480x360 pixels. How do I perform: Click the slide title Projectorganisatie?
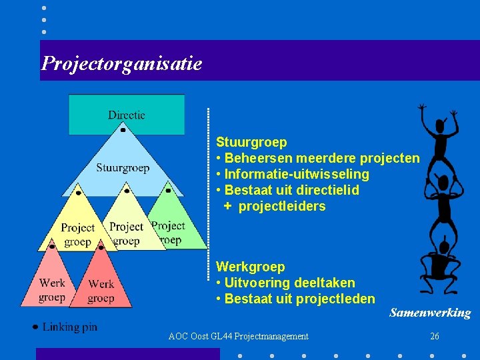[121, 63]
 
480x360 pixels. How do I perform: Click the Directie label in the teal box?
[127, 115]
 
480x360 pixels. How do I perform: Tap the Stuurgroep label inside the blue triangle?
[123, 167]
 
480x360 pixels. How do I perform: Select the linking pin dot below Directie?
[123, 131]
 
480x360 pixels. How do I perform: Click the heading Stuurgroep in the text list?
[251, 142]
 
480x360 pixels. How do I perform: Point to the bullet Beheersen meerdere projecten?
[318, 158]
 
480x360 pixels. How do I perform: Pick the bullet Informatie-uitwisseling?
[293, 174]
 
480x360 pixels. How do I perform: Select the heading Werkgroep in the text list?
[250, 267]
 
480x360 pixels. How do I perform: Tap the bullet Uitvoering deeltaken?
[285, 283]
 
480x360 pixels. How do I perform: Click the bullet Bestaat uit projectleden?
[295, 299]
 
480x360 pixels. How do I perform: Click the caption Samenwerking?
[430, 313]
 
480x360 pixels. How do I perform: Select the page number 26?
[435, 337]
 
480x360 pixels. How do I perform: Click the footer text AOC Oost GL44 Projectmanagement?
[239, 337]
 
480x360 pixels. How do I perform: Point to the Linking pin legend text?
[69, 327]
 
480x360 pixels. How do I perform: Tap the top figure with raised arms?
[439, 137]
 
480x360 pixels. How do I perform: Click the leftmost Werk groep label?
[52, 290]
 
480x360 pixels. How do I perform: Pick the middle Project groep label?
[126, 234]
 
